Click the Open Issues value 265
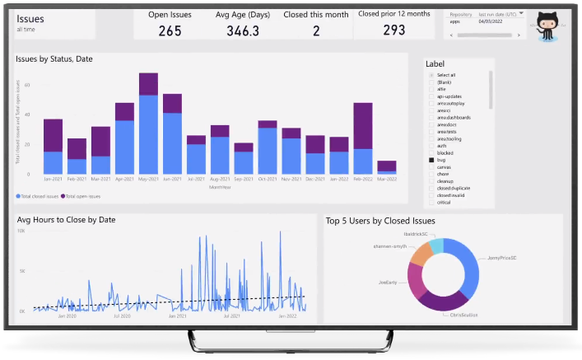(x=170, y=30)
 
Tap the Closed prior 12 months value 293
(x=393, y=30)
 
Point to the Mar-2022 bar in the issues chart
(x=387, y=167)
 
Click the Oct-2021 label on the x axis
(x=268, y=180)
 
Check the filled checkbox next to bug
(x=431, y=160)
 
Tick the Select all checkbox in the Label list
(x=431, y=76)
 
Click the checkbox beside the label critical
(x=431, y=202)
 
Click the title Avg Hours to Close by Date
(x=67, y=220)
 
